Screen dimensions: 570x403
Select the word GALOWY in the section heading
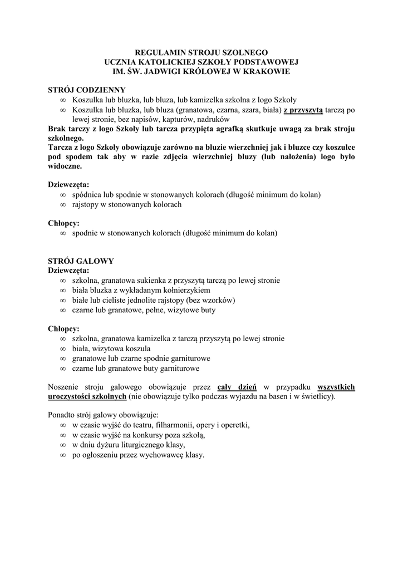[x=95, y=261]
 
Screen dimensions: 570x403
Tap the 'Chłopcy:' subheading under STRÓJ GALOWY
[x=63, y=328]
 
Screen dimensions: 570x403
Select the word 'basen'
[x=281, y=397]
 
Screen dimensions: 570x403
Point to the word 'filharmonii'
[x=179, y=425]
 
